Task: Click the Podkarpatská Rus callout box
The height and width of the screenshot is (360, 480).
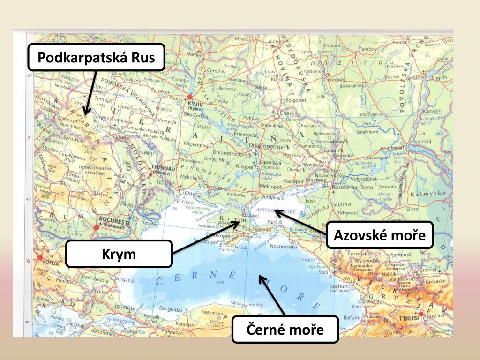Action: click(96, 58)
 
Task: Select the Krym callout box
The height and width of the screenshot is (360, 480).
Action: click(119, 255)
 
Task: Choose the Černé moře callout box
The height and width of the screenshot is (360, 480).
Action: click(285, 330)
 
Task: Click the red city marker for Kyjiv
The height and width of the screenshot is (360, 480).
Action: click(190, 97)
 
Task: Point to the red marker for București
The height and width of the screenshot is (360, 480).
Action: click(97, 227)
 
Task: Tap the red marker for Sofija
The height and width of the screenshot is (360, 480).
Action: click(40, 257)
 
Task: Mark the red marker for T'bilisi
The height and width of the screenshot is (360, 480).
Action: click(421, 314)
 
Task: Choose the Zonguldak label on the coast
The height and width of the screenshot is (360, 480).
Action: click(167, 310)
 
